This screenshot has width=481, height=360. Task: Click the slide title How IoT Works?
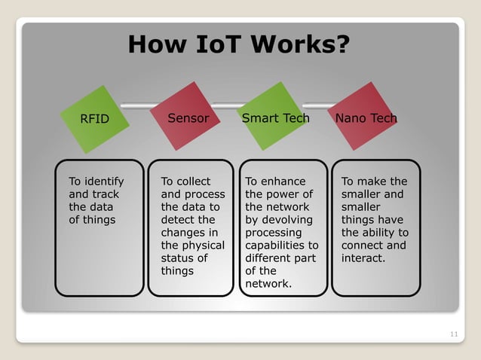239,45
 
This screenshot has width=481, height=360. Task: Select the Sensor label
188,118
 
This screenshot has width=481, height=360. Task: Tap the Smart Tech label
275,118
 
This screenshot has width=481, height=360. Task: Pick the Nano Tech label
366,118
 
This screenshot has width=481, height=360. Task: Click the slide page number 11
452,334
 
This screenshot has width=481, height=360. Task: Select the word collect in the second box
194,182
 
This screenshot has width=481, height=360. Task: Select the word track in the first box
106,194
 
